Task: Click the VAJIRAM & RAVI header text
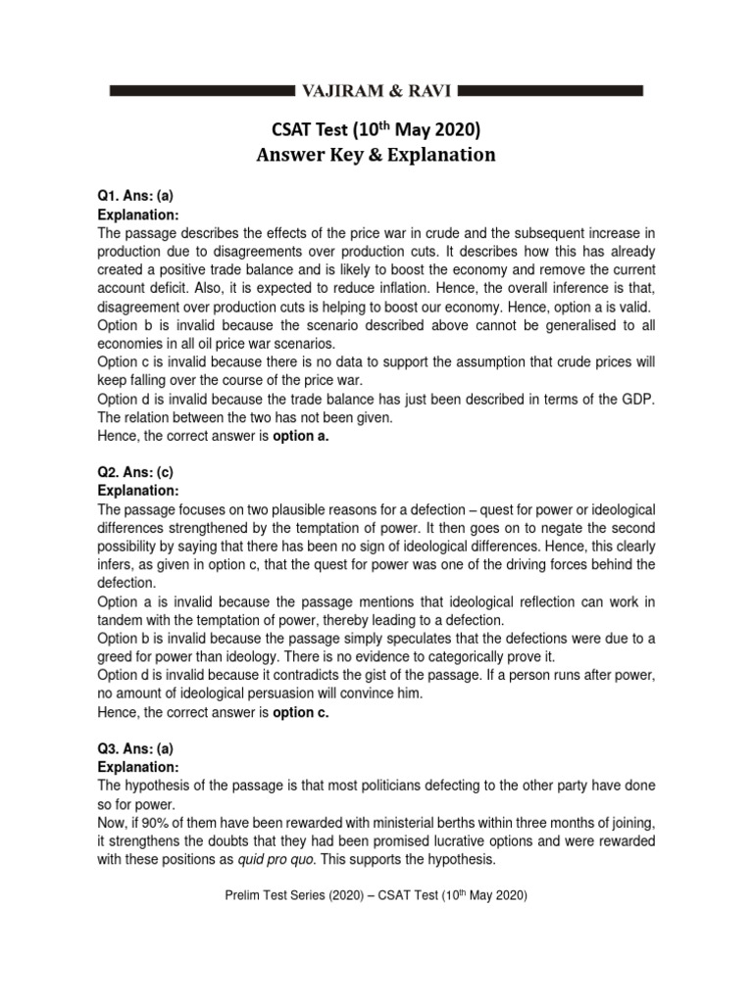coord(376,91)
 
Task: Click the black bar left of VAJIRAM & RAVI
coord(201,91)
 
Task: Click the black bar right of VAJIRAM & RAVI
coord(551,91)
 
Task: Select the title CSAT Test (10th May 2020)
coord(376,129)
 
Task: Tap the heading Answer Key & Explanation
coord(376,155)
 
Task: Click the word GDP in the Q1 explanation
coord(638,399)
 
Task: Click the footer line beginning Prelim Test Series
coord(376,895)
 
